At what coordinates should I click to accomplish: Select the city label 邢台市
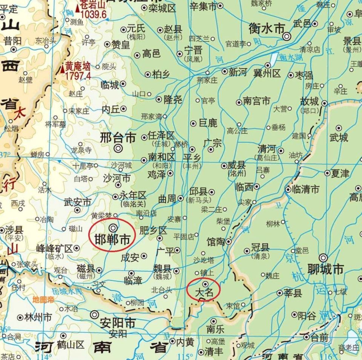coord(118,138)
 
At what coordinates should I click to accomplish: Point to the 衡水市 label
coord(266,28)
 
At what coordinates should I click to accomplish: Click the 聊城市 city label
coord(326,269)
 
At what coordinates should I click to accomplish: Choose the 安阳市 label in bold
coord(118,323)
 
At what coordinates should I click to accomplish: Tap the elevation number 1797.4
coord(78,76)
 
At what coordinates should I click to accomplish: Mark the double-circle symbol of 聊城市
coord(323,258)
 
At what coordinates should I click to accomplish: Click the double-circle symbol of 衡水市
coord(287,36)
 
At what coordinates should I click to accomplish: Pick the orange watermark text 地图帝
coord(43,300)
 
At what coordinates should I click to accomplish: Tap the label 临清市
coord(306,189)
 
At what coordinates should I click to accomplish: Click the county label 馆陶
coord(216,242)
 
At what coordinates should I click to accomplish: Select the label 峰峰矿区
coord(54,248)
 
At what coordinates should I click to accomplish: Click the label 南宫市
coord(256,101)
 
